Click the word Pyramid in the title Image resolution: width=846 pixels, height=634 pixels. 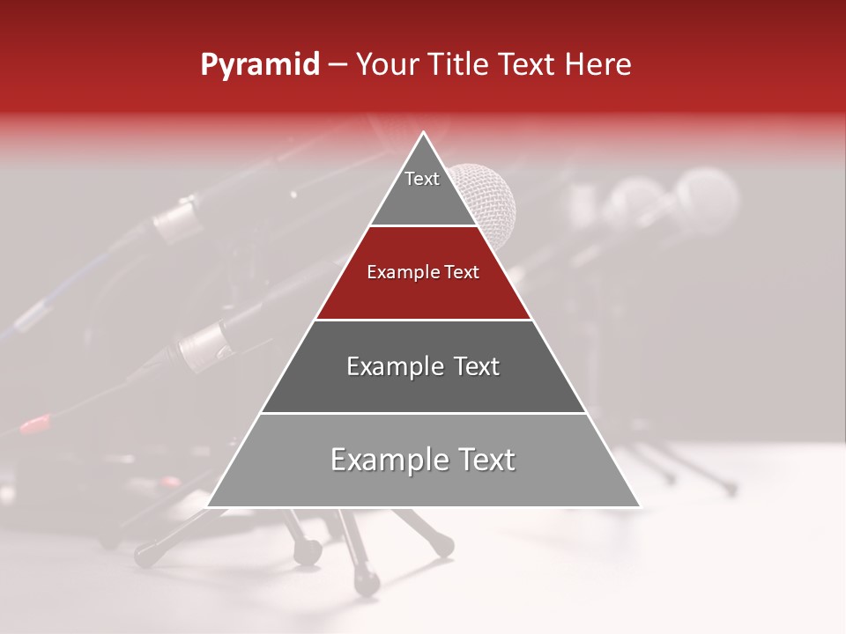tap(260, 65)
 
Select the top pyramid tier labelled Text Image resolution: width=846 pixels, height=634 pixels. tap(423, 189)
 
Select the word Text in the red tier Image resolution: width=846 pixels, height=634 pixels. tap(460, 273)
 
